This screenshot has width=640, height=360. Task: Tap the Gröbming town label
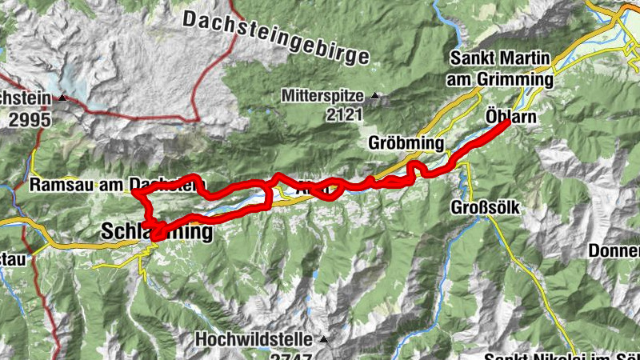pos(406,143)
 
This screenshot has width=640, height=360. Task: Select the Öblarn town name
pos(510,117)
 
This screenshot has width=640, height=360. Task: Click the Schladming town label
pos(158,232)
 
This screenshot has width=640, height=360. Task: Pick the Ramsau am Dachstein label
pos(112,185)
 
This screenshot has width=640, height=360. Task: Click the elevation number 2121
pos(344,115)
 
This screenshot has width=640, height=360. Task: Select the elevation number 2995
pos(29,119)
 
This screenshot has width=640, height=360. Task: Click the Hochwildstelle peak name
pos(256,338)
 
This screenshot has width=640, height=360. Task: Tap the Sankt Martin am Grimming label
pos(502,69)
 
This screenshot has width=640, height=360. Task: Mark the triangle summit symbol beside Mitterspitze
pos(374,96)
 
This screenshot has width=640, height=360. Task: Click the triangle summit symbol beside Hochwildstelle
pos(323,338)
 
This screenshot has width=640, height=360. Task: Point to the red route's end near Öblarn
pos(508,124)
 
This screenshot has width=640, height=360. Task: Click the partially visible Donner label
pos(614,250)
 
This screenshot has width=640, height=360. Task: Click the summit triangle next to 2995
pos(61,99)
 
